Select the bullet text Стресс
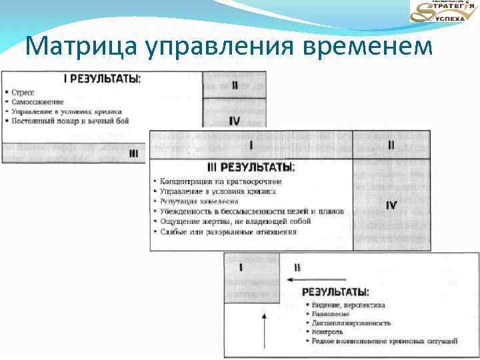23,91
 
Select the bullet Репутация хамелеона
199,201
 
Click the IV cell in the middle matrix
391,205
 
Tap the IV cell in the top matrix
234,120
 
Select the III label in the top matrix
134,153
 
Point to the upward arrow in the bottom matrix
265,327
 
